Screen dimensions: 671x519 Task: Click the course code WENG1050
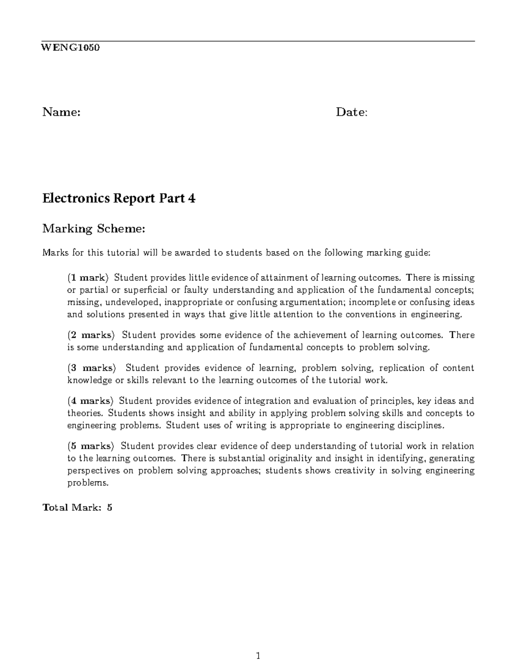(x=70, y=48)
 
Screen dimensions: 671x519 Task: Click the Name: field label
(x=61, y=113)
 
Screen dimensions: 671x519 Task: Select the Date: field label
(x=352, y=113)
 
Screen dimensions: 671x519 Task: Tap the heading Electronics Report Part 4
(x=119, y=199)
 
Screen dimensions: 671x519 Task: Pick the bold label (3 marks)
(x=92, y=368)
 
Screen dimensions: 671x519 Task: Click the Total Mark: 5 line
(x=77, y=508)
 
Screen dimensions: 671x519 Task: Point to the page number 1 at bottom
(x=258, y=656)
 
